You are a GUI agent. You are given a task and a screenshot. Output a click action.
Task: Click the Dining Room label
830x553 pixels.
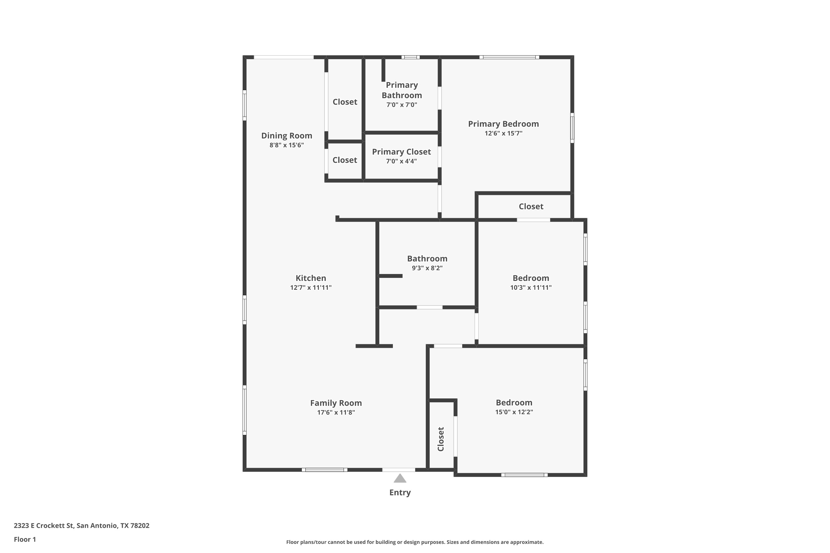pyautogui.click(x=287, y=136)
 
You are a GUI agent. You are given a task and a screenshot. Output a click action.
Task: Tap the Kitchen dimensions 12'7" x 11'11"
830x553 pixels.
pyautogui.click(x=311, y=288)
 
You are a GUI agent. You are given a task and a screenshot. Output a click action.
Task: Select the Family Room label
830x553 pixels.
pyautogui.click(x=336, y=403)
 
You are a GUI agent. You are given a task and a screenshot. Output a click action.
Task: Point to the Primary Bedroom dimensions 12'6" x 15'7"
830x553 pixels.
pyautogui.click(x=504, y=133)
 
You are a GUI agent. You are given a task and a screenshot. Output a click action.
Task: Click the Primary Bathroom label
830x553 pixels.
pyautogui.click(x=402, y=90)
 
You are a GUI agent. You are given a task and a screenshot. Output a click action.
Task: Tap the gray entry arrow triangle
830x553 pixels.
pyautogui.click(x=400, y=478)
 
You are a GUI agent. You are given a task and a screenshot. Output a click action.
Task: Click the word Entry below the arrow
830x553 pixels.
pyautogui.click(x=400, y=493)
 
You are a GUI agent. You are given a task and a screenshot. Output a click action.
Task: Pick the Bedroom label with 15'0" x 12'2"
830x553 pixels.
pyautogui.click(x=514, y=402)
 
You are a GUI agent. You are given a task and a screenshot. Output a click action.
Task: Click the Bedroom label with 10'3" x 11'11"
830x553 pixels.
pyautogui.click(x=531, y=278)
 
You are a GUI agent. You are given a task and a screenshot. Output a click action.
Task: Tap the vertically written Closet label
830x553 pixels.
pyautogui.click(x=441, y=439)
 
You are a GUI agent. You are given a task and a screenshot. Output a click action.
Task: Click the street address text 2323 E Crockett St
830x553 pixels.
pyautogui.click(x=43, y=526)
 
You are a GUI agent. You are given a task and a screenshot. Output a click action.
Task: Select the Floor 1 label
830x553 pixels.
pyautogui.click(x=25, y=539)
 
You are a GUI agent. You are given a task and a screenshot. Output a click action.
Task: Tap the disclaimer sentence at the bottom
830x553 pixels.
pyautogui.click(x=415, y=542)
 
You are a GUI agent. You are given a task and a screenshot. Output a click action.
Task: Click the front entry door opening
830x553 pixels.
pyautogui.click(x=399, y=470)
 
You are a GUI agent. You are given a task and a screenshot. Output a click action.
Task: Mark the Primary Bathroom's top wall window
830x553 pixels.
pyautogui.click(x=410, y=57)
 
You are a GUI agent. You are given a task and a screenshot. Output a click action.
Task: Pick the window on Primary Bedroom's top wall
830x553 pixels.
pyautogui.click(x=509, y=57)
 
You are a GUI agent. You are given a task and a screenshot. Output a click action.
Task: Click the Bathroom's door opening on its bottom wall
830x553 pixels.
pyautogui.click(x=429, y=307)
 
